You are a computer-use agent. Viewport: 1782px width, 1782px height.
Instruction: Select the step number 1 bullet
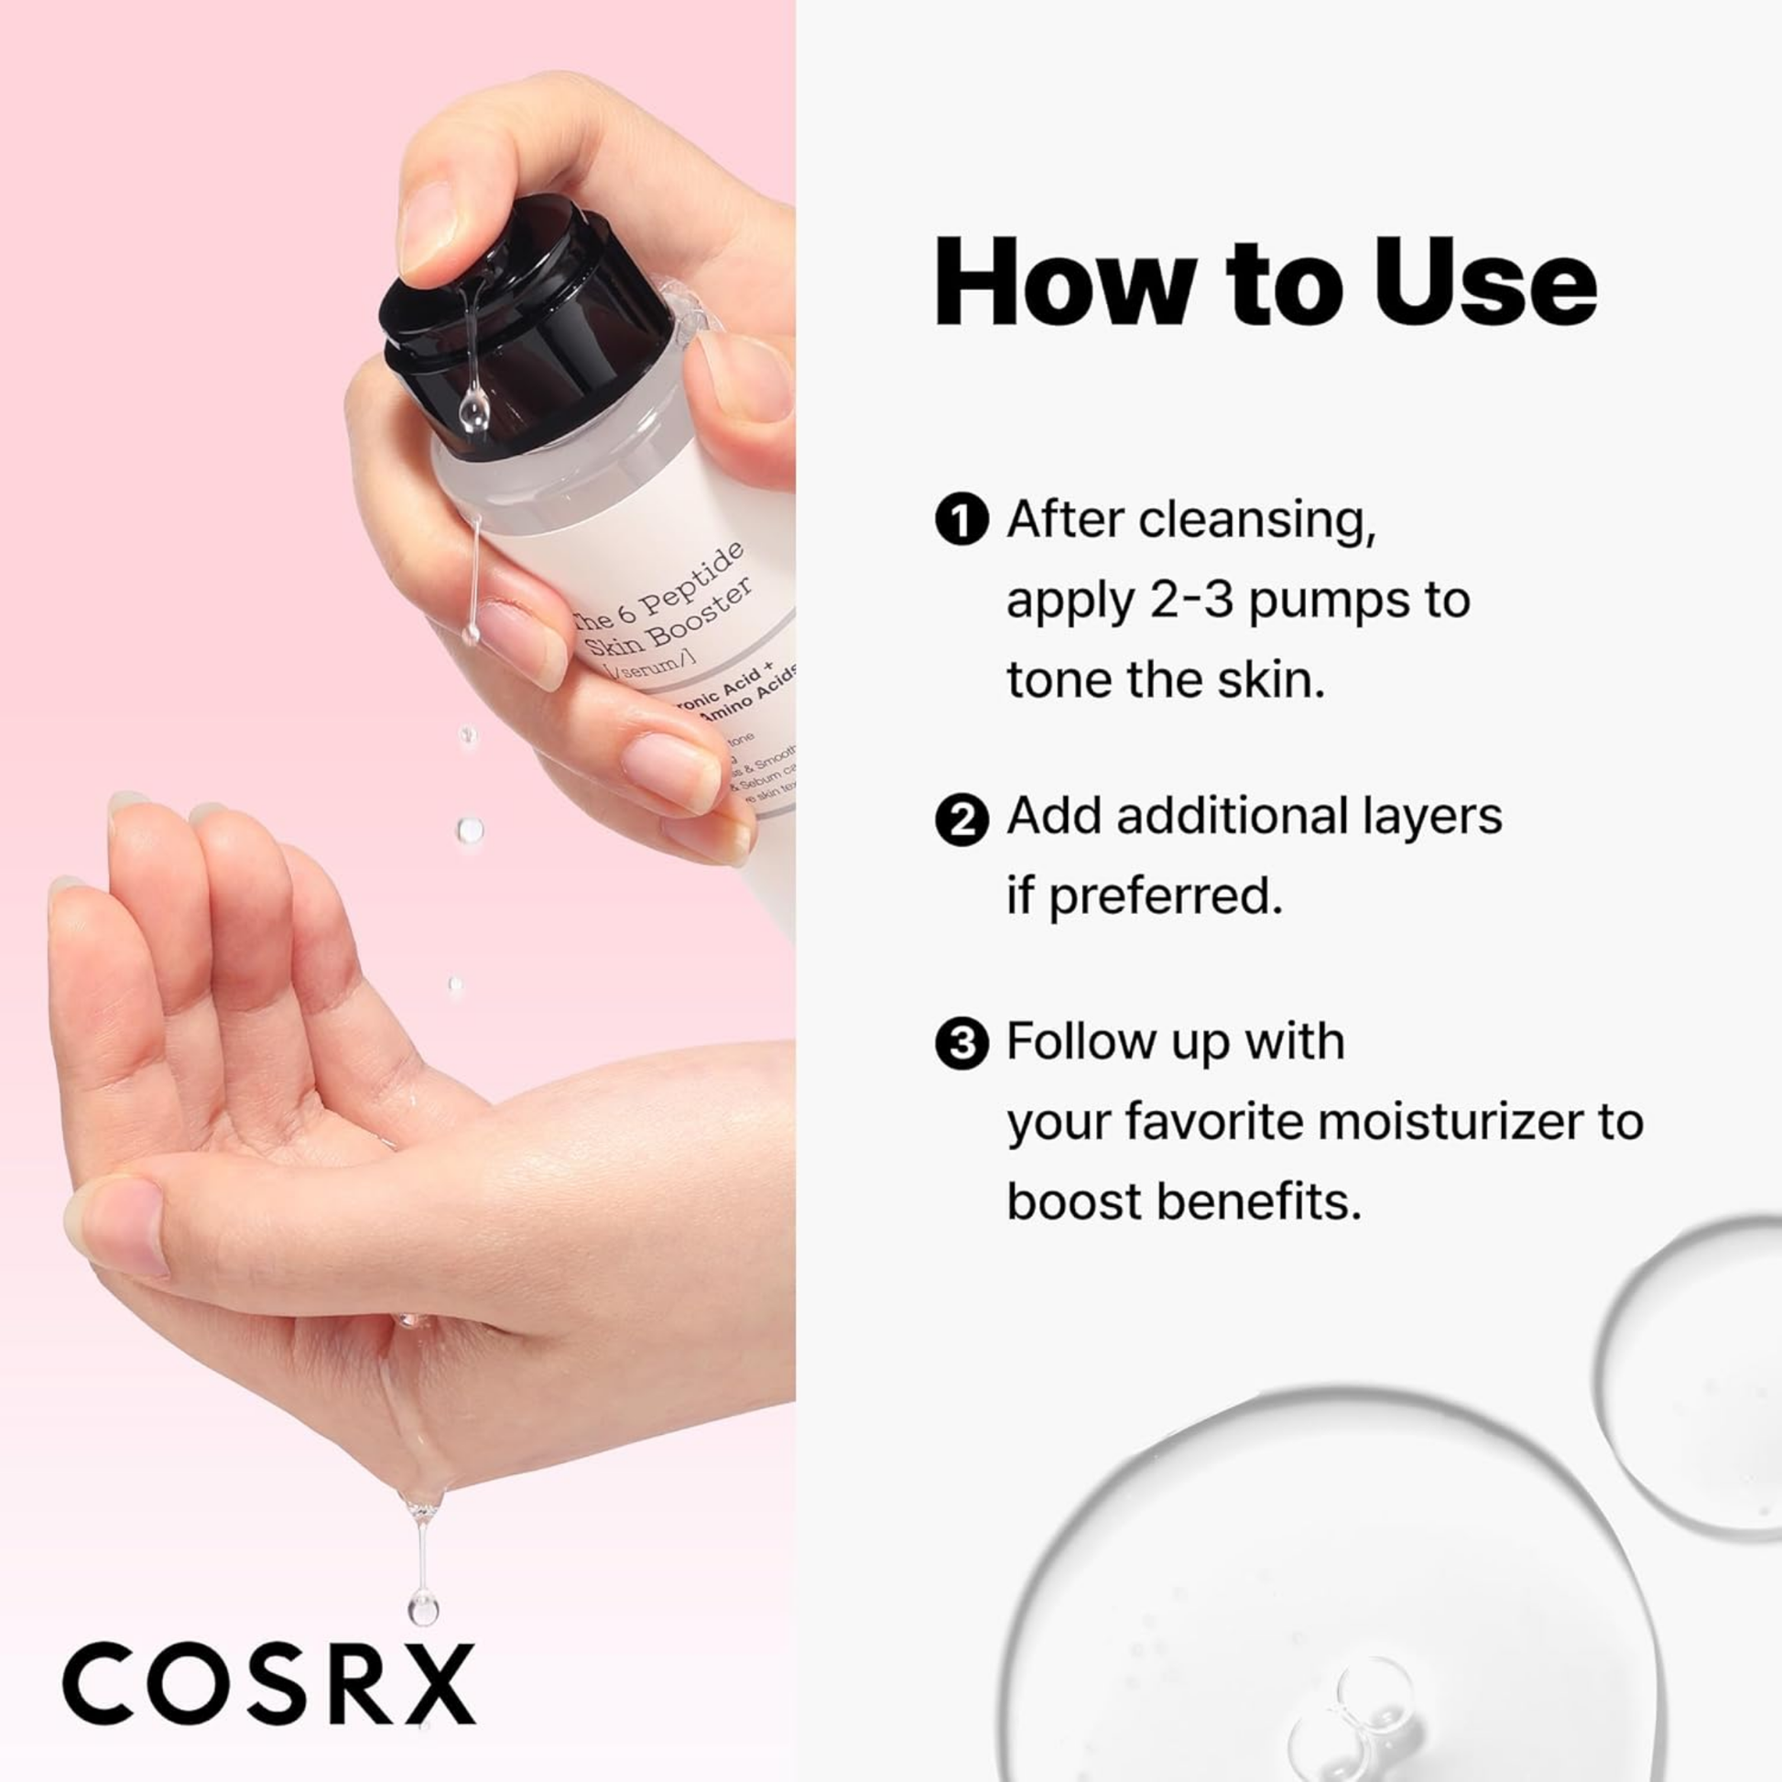pos(962,521)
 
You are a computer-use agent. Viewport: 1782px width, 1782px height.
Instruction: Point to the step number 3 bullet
pos(962,1044)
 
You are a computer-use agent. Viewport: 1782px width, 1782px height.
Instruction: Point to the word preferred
pos(1165,896)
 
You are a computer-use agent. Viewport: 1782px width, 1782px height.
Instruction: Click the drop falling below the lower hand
pos(422,1607)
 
